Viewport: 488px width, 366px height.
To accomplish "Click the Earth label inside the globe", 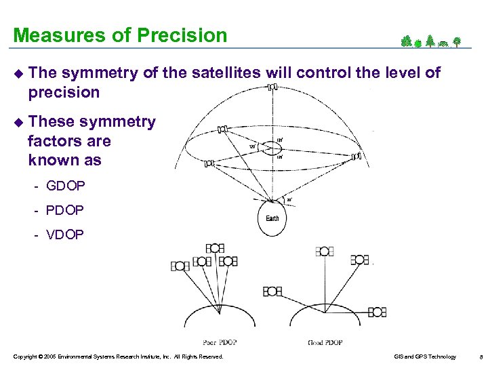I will pyautogui.click(x=272, y=218).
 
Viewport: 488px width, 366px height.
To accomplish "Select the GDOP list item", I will pyautogui.click(x=65, y=185).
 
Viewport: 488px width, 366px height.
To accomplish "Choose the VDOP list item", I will pyautogui.click(x=65, y=235).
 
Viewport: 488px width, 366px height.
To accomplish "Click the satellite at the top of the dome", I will pyautogui.click(x=272, y=87).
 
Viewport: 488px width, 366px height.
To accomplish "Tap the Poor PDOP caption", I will pyautogui.click(x=220, y=342).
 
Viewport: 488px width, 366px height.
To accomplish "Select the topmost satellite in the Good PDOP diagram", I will pyautogui.click(x=324, y=251).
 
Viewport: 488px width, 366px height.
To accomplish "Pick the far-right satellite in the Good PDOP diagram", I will pyautogui.click(x=377, y=312).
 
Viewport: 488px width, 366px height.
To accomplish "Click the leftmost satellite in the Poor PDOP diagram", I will pyautogui.click(x=180, y=266).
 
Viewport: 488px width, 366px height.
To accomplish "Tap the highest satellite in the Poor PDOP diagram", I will pyautogui.click(x=215, y=249).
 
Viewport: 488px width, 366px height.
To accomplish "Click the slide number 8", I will pyautogui.click(x=480, y=357).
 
